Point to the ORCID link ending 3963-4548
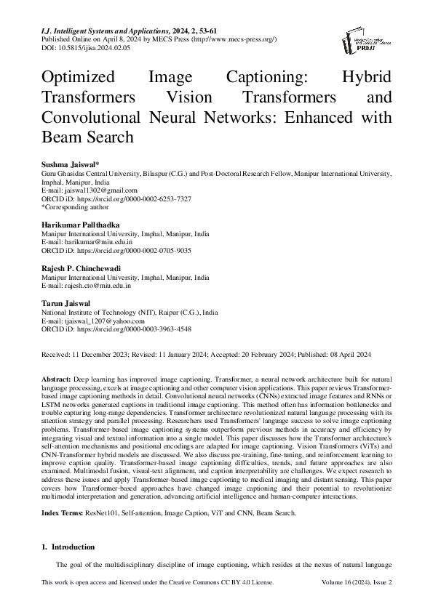[134, 329]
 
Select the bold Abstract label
[57, 379]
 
